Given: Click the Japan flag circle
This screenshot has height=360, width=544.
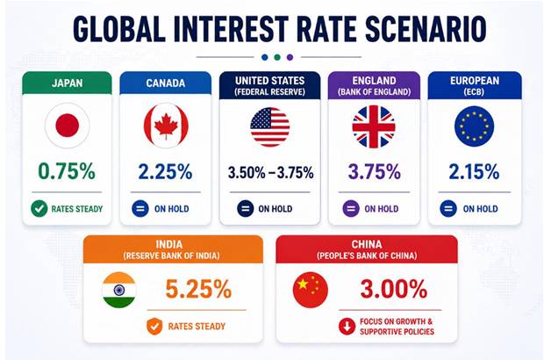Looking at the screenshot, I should pos(68,126).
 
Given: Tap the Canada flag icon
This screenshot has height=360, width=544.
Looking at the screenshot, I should pos(166,126).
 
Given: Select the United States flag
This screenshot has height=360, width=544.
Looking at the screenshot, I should pos(269,126).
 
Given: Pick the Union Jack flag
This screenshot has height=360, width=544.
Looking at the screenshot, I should pos(373,126).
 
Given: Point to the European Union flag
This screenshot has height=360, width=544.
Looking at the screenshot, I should pos(474,126).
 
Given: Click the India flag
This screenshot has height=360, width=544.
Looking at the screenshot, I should pos(118,289).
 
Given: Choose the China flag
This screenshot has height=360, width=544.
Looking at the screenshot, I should pos(310,289).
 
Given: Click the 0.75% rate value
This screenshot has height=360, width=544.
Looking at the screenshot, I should pos(68,171).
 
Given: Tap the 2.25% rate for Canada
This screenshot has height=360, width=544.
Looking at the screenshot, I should pos(166,171).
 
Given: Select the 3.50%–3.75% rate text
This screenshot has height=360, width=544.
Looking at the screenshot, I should pos(269,172).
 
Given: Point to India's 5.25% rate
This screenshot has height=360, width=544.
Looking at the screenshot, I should pos(198,288).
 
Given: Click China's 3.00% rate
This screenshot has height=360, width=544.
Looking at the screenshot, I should pos(392,288).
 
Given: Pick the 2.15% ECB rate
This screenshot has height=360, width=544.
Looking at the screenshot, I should pos(474,171).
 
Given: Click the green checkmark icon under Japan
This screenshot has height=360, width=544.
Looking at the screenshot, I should pos(39,209).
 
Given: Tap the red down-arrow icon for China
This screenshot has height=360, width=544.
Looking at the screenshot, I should pos(347,327).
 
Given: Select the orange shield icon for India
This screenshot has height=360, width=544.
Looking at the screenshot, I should pos(153,327).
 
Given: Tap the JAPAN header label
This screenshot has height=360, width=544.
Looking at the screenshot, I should pos(68,84).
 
